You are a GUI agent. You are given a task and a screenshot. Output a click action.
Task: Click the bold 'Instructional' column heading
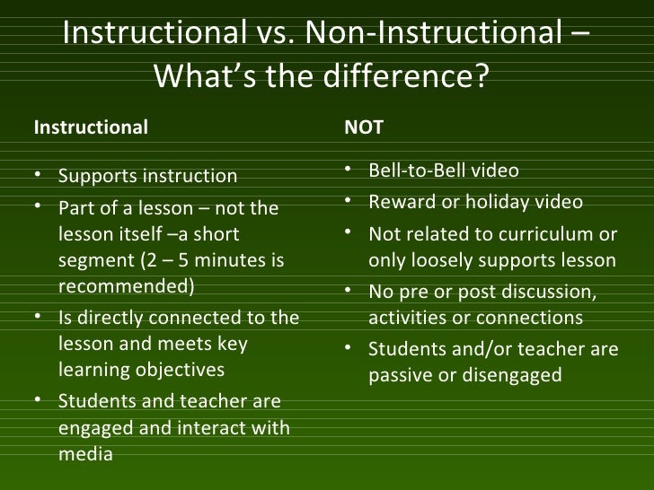[x=91, y=127]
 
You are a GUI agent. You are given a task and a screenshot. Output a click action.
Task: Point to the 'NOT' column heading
[x=364, y=127]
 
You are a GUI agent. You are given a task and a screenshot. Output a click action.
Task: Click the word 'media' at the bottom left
[x=85, y=454]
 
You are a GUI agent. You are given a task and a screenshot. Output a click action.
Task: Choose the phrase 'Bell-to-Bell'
[x=419, y=171]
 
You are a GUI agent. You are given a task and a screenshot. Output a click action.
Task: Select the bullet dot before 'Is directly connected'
[x=42, y=319]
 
